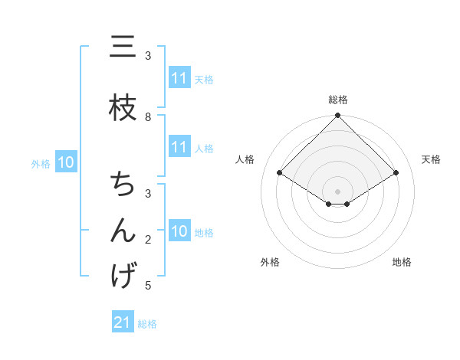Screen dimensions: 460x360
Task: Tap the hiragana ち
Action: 123,185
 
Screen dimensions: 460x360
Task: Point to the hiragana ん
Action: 123,231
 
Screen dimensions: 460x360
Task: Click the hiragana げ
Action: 123,277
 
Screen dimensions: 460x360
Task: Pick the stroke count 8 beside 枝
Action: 148,116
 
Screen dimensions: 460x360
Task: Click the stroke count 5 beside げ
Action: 148,286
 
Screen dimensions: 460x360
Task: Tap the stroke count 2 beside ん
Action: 148,240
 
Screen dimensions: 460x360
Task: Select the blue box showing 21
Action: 123,322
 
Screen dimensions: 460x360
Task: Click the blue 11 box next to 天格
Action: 179,78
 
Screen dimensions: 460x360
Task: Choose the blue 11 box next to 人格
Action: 179,148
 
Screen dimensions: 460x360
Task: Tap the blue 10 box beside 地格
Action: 179,232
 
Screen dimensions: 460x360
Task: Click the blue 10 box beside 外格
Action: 65,162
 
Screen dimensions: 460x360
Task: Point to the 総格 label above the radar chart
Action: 338,100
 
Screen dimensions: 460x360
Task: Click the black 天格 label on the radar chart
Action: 431,159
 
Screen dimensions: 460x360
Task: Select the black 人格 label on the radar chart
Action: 245,159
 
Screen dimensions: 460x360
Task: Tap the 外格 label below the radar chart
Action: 270,262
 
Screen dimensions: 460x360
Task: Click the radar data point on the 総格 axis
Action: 338,116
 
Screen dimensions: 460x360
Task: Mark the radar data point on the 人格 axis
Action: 280,173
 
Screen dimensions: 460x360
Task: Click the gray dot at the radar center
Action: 338,191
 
